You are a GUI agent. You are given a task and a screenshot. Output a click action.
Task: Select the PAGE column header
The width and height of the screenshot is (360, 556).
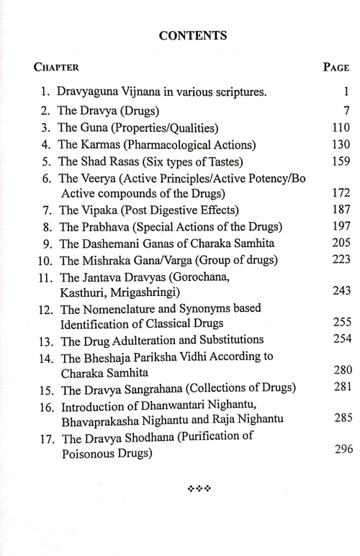(336, 68)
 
